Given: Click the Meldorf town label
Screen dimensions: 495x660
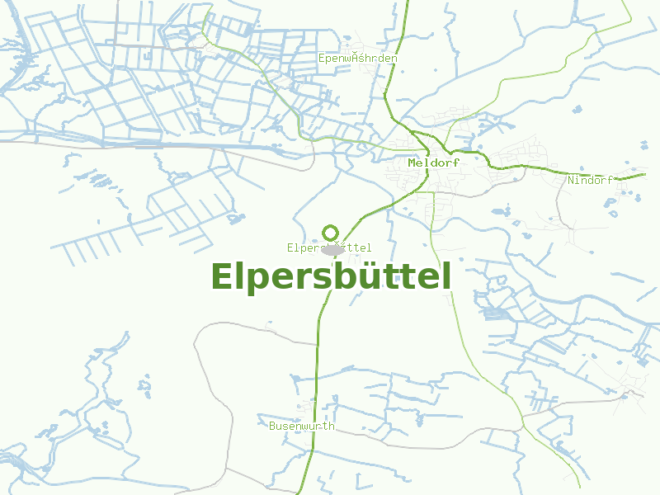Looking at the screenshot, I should [x=433, y=163].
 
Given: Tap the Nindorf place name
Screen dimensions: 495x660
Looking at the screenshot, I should [x=590, y=180].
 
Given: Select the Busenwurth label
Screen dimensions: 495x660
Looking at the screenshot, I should [x=302, y=427].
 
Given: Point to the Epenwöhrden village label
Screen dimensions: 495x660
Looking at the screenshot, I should [x=358, y=59].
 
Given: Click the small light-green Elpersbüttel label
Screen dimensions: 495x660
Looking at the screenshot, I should [x=329, y=247].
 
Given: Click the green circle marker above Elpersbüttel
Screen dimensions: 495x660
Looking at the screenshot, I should [x=330, y=233].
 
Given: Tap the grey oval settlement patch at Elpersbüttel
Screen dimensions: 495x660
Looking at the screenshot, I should [x=332, y=249].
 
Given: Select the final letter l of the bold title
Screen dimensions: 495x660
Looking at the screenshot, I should [x=446, y=276].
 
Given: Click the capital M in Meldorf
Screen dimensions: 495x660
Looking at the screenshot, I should [x=412, y=163].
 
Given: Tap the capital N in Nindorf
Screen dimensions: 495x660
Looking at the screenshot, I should [x=571, y=180].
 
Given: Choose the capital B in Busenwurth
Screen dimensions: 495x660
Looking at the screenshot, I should [x=272, y=427].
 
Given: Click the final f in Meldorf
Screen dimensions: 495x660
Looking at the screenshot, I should [x=456, y=163].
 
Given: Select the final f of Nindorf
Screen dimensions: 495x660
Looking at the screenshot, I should [x=610, y=180].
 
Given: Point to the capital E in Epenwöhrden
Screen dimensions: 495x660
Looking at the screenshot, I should [x=322, y=59].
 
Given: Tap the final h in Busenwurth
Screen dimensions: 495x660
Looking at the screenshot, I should [x=332, y=427].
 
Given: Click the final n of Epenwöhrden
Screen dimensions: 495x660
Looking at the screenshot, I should [x=394, y=59].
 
